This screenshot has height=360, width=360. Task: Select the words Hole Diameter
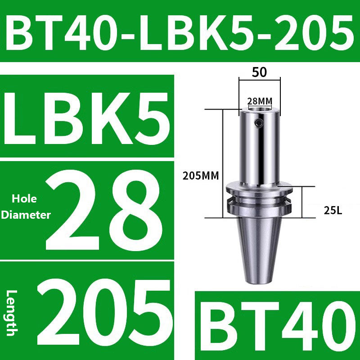(26, 207)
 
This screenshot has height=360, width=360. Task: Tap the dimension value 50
(259, 72)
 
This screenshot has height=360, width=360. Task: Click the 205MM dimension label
(201, 176)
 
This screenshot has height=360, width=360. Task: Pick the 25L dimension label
(333, 210)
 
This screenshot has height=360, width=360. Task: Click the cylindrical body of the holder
(259, 148)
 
